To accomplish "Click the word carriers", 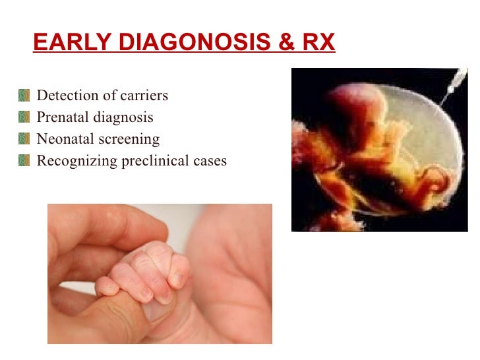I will pos(144,96).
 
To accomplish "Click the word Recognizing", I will pos(76,161).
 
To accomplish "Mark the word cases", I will pos(210,161).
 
